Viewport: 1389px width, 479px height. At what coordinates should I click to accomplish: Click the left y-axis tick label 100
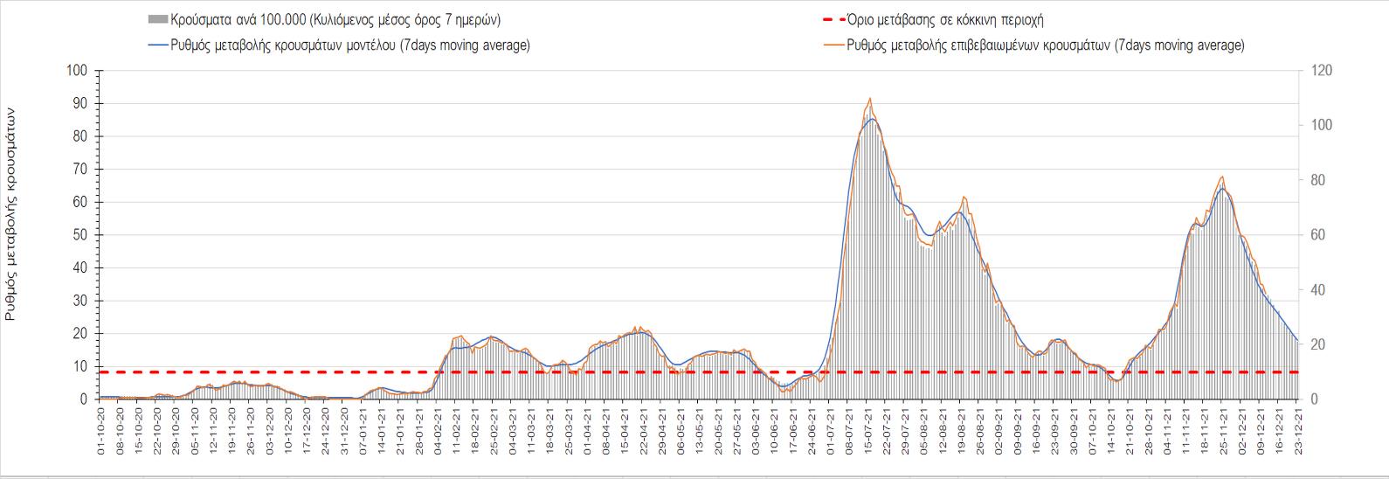79,71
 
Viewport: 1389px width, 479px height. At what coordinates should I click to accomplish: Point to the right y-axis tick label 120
1316,71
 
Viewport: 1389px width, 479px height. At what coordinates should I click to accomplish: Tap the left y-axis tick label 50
81,235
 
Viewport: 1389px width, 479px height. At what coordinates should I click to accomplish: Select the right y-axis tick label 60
1314,235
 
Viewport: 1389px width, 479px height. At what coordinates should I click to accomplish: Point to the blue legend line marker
159,45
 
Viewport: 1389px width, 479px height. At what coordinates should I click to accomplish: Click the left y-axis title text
10,214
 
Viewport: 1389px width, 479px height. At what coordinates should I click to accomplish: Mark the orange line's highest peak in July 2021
870,99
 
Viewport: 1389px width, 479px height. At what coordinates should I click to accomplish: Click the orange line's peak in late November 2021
1221,177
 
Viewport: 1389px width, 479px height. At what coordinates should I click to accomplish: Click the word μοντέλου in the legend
368,45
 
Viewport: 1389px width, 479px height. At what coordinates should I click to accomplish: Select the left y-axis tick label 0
85,399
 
